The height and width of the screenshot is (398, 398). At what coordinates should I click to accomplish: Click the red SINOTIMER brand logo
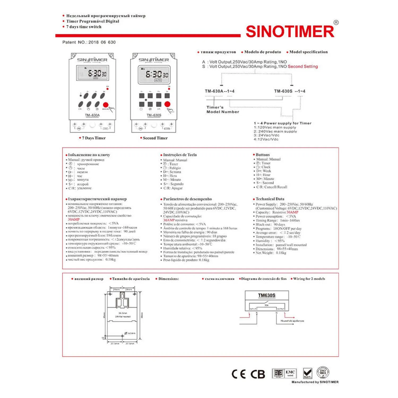[290, 32]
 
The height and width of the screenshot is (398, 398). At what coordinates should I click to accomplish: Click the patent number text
[89, 42]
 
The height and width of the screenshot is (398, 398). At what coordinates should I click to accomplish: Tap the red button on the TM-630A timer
[106, 105]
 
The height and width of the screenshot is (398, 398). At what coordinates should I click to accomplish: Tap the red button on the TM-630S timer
[167, 104]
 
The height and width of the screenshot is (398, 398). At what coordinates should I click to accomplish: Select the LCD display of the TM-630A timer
[92, 73]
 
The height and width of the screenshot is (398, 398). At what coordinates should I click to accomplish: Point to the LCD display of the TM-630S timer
[154, 75]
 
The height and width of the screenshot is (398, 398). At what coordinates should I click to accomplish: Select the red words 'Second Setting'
[302, 67]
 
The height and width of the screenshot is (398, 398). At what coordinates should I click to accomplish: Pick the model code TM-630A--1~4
[219, 91]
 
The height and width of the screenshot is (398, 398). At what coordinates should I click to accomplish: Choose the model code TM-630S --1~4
[289, 91]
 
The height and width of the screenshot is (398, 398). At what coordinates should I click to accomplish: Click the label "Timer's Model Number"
[223, 110]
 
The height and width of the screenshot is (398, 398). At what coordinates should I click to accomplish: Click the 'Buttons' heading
[262, 155]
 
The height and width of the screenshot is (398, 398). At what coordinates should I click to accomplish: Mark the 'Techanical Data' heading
[270, 199]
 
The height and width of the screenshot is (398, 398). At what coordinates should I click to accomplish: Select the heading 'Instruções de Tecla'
[180, 155]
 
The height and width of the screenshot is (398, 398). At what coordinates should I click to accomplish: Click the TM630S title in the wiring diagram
[267, 295]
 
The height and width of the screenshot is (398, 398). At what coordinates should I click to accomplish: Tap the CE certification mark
[239, 374]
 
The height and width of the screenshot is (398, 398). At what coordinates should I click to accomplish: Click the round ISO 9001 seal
[323, 373]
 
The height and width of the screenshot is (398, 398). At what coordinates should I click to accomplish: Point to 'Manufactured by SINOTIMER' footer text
[315, 382]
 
